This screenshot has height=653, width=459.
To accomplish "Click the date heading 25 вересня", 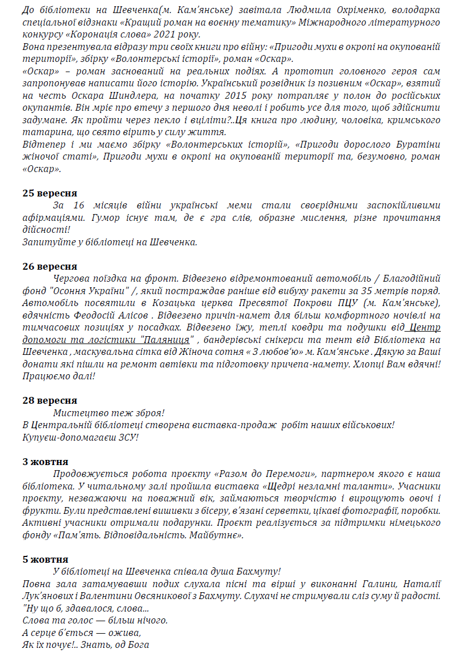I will pos(50,193).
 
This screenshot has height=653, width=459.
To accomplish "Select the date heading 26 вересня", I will pos(50,266).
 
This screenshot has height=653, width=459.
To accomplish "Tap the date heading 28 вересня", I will pos(50,400).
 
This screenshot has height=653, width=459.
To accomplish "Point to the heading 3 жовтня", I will pos(45,462).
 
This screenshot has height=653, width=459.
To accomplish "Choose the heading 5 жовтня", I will pos(45,559).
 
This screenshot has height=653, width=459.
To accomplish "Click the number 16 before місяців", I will pos(78,205).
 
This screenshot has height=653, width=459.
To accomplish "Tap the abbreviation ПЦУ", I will pos(344,303).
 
